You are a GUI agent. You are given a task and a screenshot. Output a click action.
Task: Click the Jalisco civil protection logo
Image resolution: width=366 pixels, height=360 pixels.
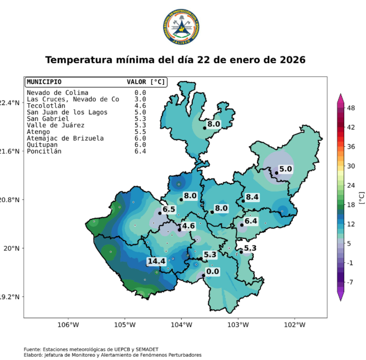[x=183, y=26]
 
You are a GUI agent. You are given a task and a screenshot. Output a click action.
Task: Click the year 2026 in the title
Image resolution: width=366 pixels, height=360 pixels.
[x=292, y=60]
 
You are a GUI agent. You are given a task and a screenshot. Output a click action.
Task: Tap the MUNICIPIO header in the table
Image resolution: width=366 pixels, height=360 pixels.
[x=44, y=81]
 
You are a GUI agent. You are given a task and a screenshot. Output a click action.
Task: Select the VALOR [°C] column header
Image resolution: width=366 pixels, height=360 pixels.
[x=146, y=81]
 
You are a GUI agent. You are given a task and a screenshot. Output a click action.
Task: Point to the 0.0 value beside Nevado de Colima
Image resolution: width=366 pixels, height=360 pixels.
[x=140, y=93]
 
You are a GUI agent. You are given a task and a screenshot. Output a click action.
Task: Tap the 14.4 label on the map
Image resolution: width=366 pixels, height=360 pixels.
[x=156, y=261]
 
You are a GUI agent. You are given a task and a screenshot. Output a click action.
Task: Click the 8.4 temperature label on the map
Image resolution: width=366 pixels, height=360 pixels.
[x=252, y=197]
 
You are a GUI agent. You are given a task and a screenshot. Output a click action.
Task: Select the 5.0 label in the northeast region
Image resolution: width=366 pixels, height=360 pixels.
[x=286, y=169]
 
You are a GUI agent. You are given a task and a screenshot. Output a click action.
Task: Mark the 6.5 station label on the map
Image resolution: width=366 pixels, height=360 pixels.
[x=169, y=209]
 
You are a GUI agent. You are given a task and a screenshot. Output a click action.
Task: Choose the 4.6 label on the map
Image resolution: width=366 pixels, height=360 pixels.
[x=188, y=226]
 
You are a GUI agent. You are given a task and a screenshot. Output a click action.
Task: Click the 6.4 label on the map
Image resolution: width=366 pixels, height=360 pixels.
[x=251, y=221]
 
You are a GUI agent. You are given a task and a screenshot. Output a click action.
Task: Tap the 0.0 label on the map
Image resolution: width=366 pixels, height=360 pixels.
[x=213, y=272]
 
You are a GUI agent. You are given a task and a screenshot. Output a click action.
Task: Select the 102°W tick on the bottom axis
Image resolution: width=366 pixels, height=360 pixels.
[x=295, y=325]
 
